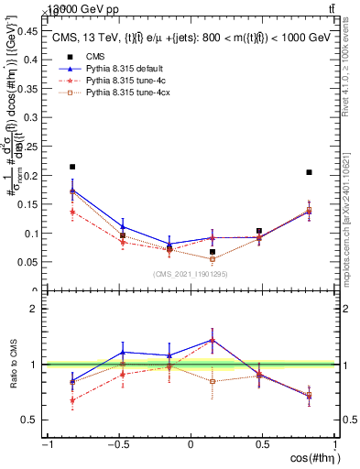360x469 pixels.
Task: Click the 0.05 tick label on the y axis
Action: pos(27,262)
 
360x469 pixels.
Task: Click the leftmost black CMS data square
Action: pos(72,167)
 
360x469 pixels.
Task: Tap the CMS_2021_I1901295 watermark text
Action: pos(190,274)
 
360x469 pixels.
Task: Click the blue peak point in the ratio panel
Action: pos(213,340)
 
